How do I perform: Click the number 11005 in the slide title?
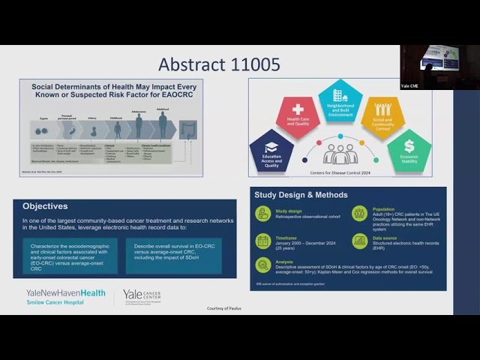(x=250, y=64)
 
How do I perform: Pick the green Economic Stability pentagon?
(x=408, y=148)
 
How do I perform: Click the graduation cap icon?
(x=271, y=146)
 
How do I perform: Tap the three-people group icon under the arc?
(x=340, y=154)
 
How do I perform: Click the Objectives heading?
(x=45, y=205)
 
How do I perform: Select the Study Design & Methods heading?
(x=301, y=195)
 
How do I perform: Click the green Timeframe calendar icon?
(x=263, y=241)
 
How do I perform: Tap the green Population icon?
(x=359, y=214)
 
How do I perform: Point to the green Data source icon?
(x=359, y=241)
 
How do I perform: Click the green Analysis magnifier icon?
(x=263, y=265)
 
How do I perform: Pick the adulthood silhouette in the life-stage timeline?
(x=162, y=124)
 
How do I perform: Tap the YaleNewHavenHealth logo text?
(x=66, y=292)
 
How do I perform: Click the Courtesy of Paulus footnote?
(x=225, y=308)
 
